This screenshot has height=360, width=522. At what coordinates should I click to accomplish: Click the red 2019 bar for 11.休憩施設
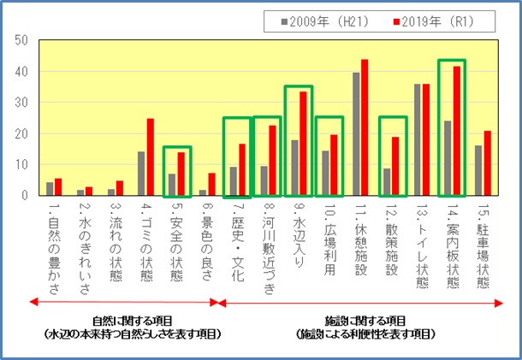pyautogui.click(x=365, y=127)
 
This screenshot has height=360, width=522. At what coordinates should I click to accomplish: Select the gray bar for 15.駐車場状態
pyautogui.click(x=479, y=170)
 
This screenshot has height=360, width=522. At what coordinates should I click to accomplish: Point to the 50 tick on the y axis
pyautogui.click(x=21, y=40)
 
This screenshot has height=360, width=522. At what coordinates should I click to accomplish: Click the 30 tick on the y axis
pyautogui.click(x=21, y=103)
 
